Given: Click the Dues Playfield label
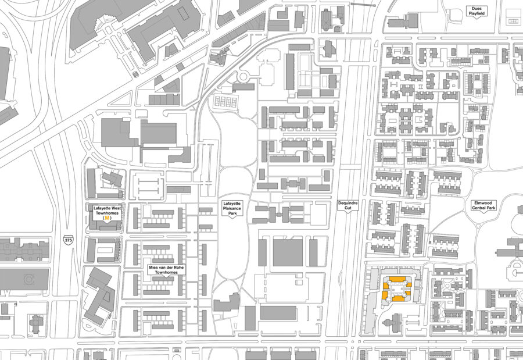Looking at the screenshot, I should (x=477, y=10).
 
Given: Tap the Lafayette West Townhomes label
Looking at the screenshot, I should (x=108, y=210).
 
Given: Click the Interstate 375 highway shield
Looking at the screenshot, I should (x=69, y=240).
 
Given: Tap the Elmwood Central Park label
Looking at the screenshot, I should (x=483, y=205).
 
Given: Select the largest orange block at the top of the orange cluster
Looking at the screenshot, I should (x=397, y=280).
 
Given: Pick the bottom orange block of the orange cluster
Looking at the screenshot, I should (x=397, y=298).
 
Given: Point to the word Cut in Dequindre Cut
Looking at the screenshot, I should (x=348, y=208).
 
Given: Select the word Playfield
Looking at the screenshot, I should (x=477, y=13).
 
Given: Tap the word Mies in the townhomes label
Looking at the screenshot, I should (x=153, y=266).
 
